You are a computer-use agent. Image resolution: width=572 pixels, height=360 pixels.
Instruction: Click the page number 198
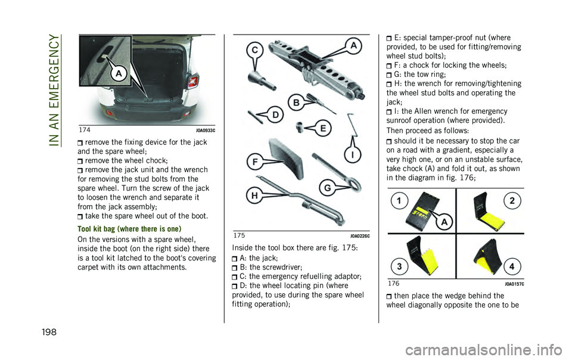(49, 332)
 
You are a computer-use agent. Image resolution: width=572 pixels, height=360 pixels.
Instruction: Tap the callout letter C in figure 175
(256, 50)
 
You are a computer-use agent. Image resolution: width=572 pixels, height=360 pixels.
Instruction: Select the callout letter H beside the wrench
(254, 196)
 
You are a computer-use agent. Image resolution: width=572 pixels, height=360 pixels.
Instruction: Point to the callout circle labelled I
(352, 155)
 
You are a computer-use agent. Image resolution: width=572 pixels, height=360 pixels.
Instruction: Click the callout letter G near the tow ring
(328, 188)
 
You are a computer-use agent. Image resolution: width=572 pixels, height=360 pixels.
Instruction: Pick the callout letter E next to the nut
(323, 128)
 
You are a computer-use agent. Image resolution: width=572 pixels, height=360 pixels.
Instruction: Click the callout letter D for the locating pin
(276, 115)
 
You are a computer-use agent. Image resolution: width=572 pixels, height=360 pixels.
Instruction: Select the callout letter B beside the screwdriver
(296, 103)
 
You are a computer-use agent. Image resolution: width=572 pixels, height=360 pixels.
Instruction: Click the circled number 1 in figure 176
(399, 201)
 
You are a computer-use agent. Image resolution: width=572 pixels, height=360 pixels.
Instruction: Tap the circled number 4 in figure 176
(512, 266)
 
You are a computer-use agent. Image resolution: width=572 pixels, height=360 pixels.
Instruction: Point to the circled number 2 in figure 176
(512, 201)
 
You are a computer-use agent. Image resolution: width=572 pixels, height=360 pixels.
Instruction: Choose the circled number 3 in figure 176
(399, 266)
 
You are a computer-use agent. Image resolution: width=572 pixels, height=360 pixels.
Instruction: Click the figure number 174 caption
(85, 130)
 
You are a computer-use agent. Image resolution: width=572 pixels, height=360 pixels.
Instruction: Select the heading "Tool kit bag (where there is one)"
(129, 229)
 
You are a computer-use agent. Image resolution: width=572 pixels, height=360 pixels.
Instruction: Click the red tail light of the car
(193, 81)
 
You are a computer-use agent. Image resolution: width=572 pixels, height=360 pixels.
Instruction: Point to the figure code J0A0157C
(514, 284)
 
